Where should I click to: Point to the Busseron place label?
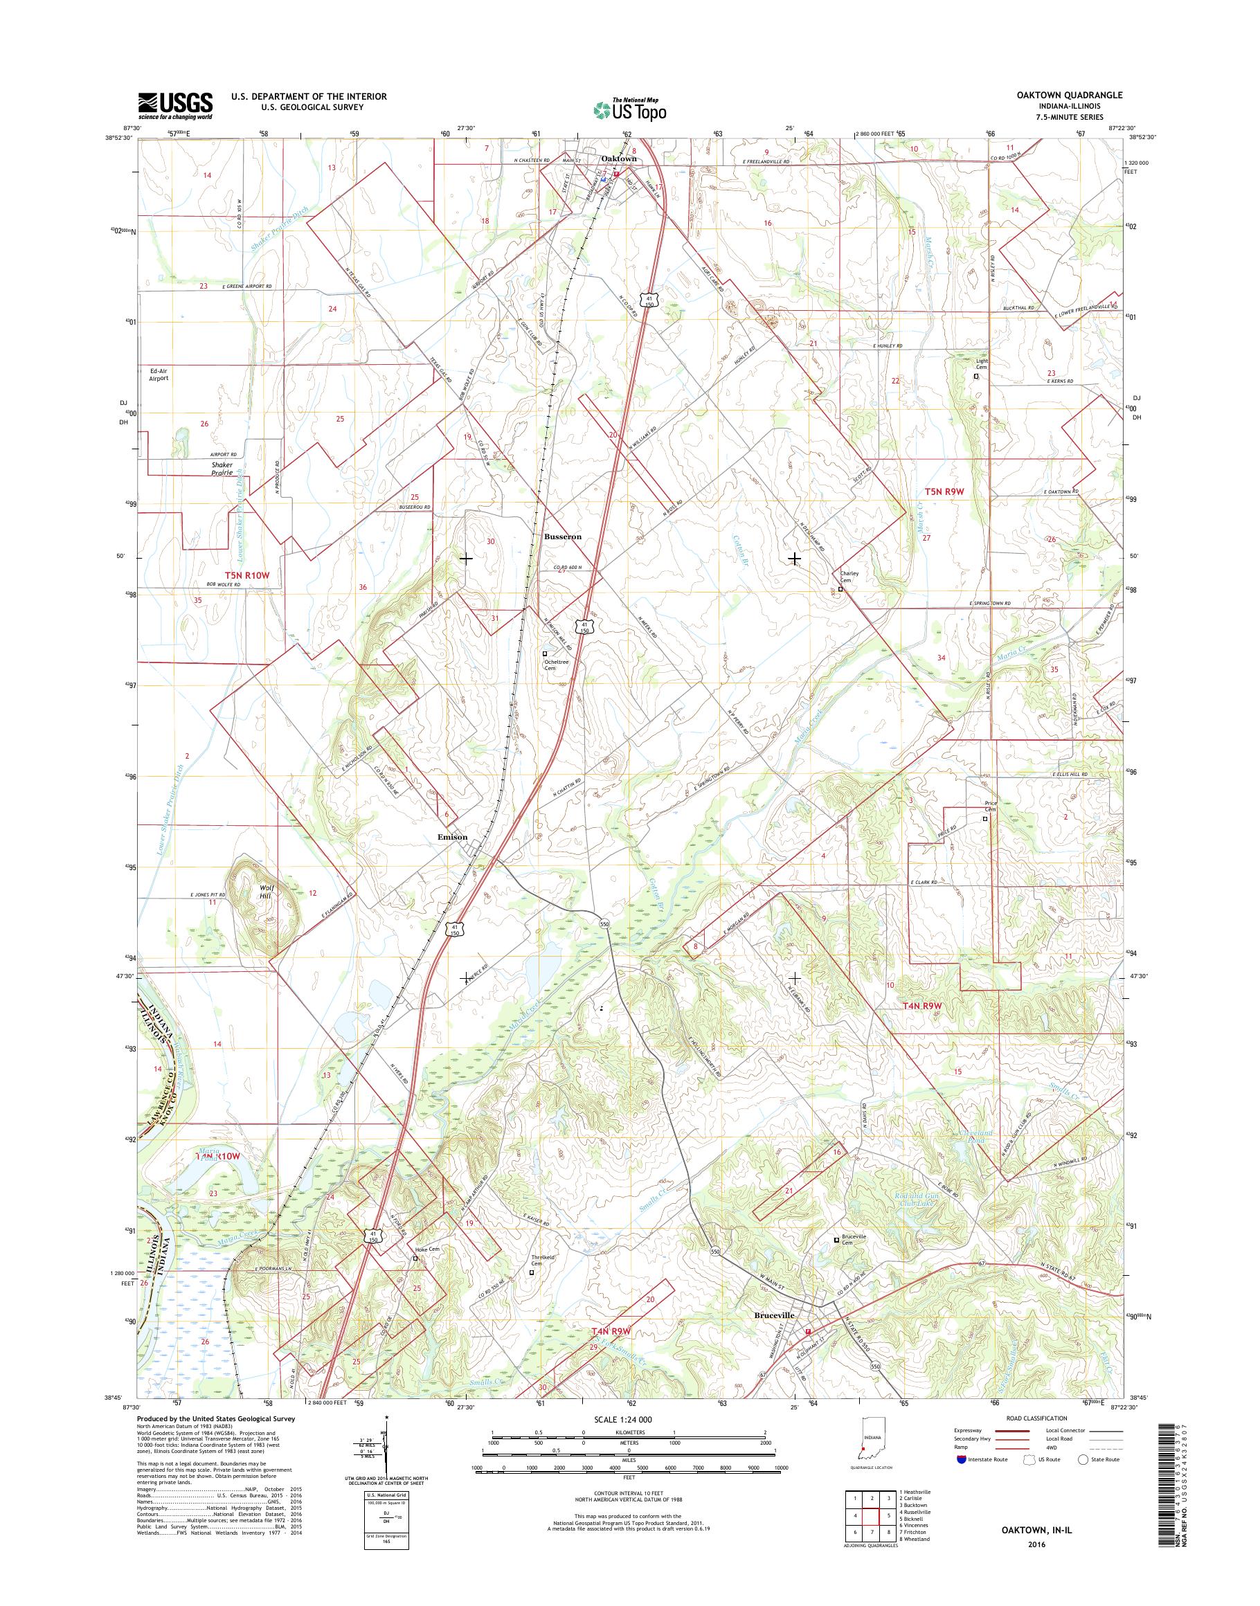[563, 537]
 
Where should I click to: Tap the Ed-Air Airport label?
[159, 374]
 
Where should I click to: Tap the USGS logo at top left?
[176, 105]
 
